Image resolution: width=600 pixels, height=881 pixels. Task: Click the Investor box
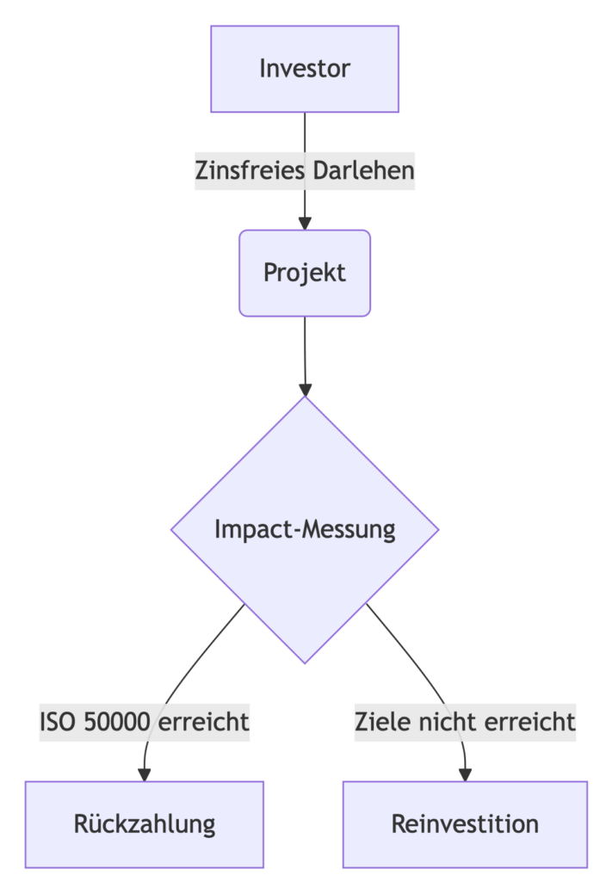305,69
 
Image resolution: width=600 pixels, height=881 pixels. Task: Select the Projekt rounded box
305,273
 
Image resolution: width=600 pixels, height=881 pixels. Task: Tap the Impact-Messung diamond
305,530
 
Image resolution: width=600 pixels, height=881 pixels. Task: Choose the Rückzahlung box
145,824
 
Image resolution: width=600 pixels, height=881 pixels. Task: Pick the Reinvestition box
465,824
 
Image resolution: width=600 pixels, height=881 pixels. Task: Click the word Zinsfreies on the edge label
251,171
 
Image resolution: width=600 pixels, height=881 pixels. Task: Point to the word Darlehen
364,171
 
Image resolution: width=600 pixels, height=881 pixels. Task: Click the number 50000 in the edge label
117,722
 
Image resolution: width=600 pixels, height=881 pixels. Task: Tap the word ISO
58,722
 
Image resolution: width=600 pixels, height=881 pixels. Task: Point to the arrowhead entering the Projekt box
305,224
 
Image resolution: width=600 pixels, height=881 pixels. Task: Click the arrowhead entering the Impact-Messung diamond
306,390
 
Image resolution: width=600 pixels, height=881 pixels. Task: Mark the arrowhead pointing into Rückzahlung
145,775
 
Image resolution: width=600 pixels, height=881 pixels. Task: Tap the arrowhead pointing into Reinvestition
465,775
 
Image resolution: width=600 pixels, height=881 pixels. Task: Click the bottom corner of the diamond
305,663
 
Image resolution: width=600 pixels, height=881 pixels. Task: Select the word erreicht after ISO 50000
203,722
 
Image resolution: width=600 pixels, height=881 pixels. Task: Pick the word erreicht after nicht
530,722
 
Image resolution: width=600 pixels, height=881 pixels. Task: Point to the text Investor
305,69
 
